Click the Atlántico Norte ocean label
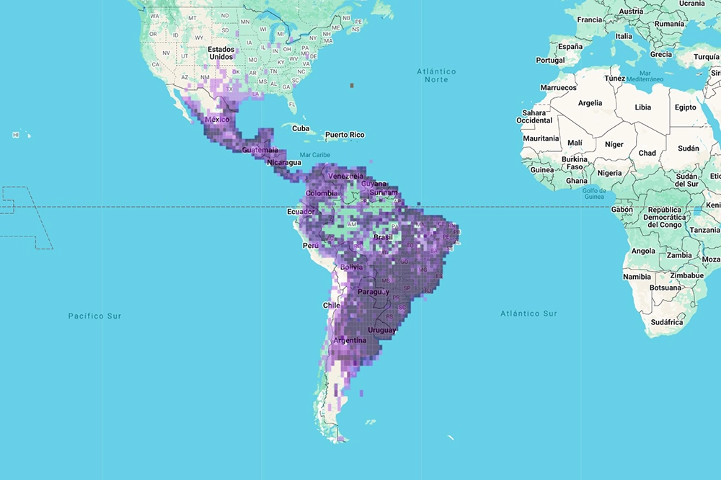[436, 75]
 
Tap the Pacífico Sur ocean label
[94, 316]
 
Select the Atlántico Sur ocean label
[528, 314]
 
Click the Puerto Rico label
[345, 135]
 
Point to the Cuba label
[301, 129]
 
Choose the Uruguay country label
[381, 330]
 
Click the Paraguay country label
[373, 292]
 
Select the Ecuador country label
[301, 212]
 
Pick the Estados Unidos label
[221, 53]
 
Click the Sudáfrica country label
[666, 322]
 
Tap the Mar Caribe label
[314, 155]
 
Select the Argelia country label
[590, 103]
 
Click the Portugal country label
[550, 61]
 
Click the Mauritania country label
[541, 138]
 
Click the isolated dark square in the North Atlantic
[352, 85]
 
